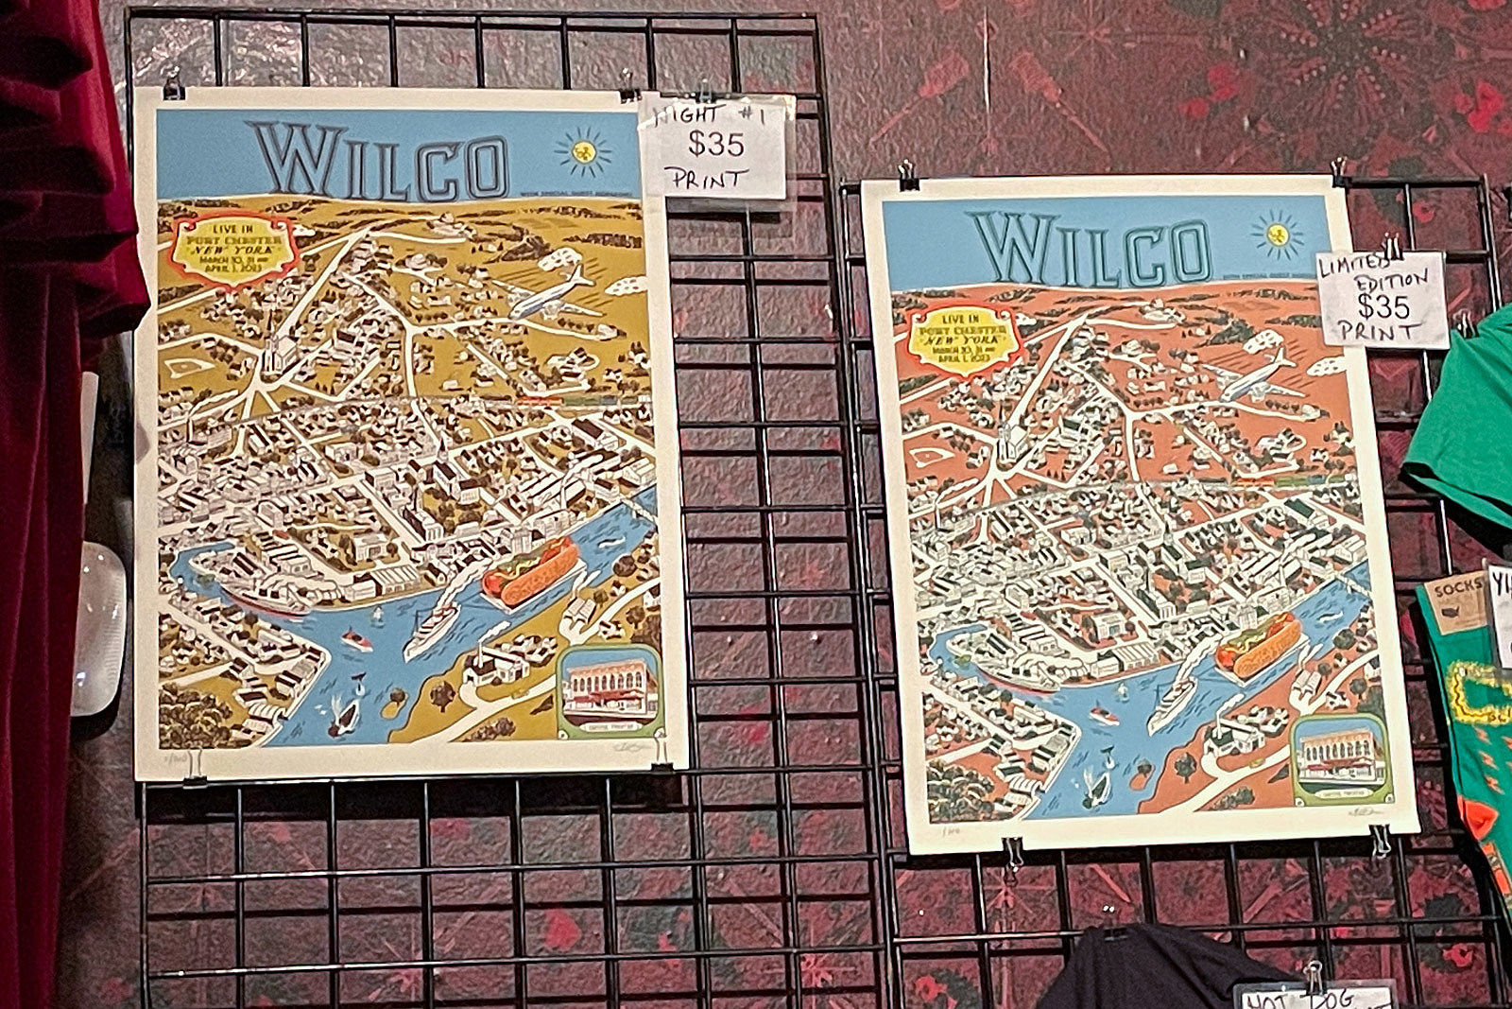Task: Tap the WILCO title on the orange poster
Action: click(1091, 248)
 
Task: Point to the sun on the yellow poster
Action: click(584, 150)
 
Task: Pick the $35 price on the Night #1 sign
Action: click(715, 145)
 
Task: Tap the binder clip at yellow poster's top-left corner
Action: click(173, 86)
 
